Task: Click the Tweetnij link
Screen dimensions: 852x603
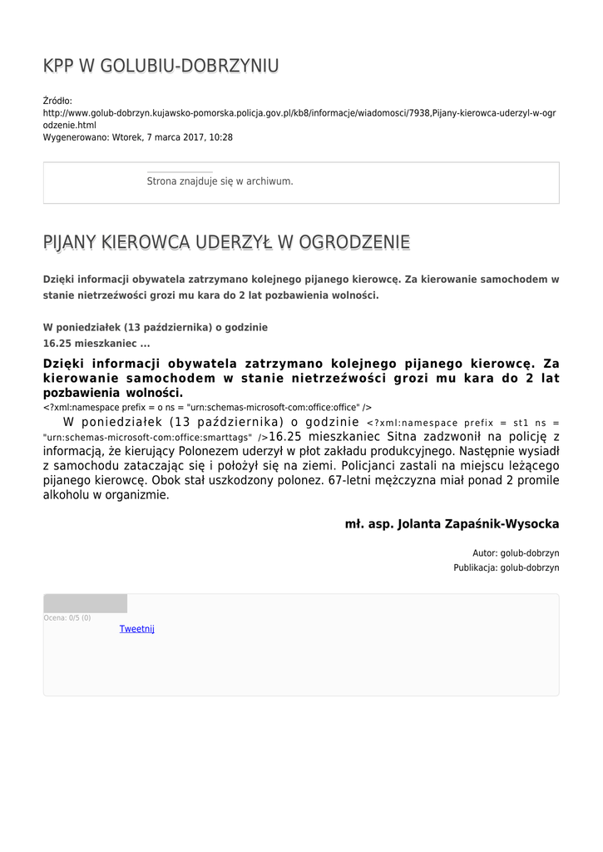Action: point(137,629)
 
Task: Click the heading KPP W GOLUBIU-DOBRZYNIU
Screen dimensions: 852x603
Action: point(161,67)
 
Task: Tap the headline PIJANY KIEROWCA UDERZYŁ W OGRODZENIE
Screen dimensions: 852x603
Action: point(226,242)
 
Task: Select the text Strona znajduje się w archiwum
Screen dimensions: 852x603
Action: point(220,181)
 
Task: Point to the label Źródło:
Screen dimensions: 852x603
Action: point(57,101)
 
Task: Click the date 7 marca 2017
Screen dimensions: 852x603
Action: point(182,137)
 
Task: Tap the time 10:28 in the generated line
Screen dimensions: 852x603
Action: point(221,137)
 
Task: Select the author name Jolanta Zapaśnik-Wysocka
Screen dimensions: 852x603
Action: point(479,524)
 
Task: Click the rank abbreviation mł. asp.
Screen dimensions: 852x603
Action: point(369,524)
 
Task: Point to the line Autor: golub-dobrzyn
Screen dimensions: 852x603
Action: point(516,552)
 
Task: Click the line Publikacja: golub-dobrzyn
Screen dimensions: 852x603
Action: point(506,567)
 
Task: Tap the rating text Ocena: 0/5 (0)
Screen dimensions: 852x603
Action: point(67,618)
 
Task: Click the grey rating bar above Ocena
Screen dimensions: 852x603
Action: point(85,603)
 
